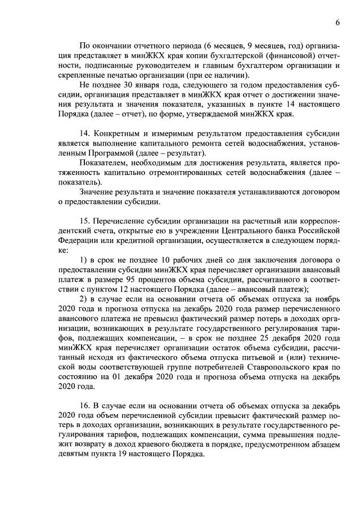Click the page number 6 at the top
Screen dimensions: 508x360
click(337, 23)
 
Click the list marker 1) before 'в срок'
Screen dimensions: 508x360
click(84, 259)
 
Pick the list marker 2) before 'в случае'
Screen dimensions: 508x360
click(84, 298)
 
